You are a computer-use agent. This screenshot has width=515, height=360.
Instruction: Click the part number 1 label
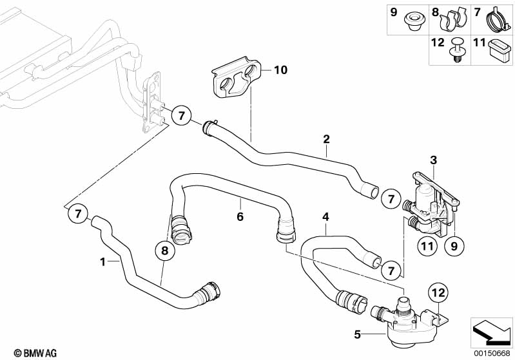(102, 262)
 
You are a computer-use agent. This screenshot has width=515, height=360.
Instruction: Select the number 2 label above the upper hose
(326, 139)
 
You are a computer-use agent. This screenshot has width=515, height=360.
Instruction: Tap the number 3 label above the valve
(433, 159)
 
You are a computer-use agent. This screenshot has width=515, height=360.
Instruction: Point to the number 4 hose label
(326, 217)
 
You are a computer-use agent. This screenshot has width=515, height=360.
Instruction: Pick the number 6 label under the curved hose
(240, 217)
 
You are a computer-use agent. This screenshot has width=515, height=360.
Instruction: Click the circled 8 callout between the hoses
(164, 252)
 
